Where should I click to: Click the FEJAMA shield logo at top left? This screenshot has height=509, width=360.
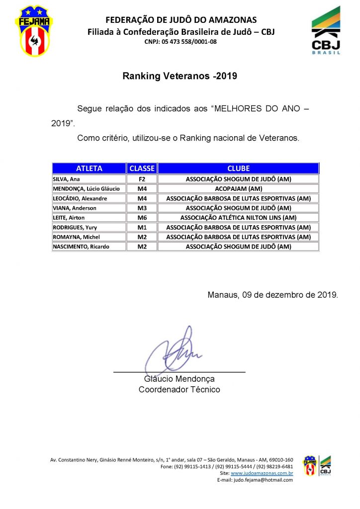point(34,31)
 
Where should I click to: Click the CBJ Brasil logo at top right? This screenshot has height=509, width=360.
point(326,31)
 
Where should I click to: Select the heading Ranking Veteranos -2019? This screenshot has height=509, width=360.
point(180,76)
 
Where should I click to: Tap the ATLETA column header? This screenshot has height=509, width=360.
point(89,169)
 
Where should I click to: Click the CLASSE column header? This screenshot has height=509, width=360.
point(142,169)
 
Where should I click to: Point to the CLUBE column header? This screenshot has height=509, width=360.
point(238,169)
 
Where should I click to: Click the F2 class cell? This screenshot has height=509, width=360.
point(142,179)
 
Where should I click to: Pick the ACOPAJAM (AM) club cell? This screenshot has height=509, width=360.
point(238,189)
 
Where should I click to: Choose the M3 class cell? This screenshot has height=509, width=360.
point(142,208)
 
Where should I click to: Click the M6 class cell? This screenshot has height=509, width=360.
point(142,218)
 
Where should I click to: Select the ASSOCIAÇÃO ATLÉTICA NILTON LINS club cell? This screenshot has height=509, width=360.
point(238,218)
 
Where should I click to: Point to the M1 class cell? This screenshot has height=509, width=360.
point(142,227)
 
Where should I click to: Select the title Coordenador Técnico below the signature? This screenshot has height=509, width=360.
point(179,390)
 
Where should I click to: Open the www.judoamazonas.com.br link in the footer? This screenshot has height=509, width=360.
point(262,474)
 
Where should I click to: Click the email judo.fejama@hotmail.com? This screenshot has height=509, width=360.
point(263,480)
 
